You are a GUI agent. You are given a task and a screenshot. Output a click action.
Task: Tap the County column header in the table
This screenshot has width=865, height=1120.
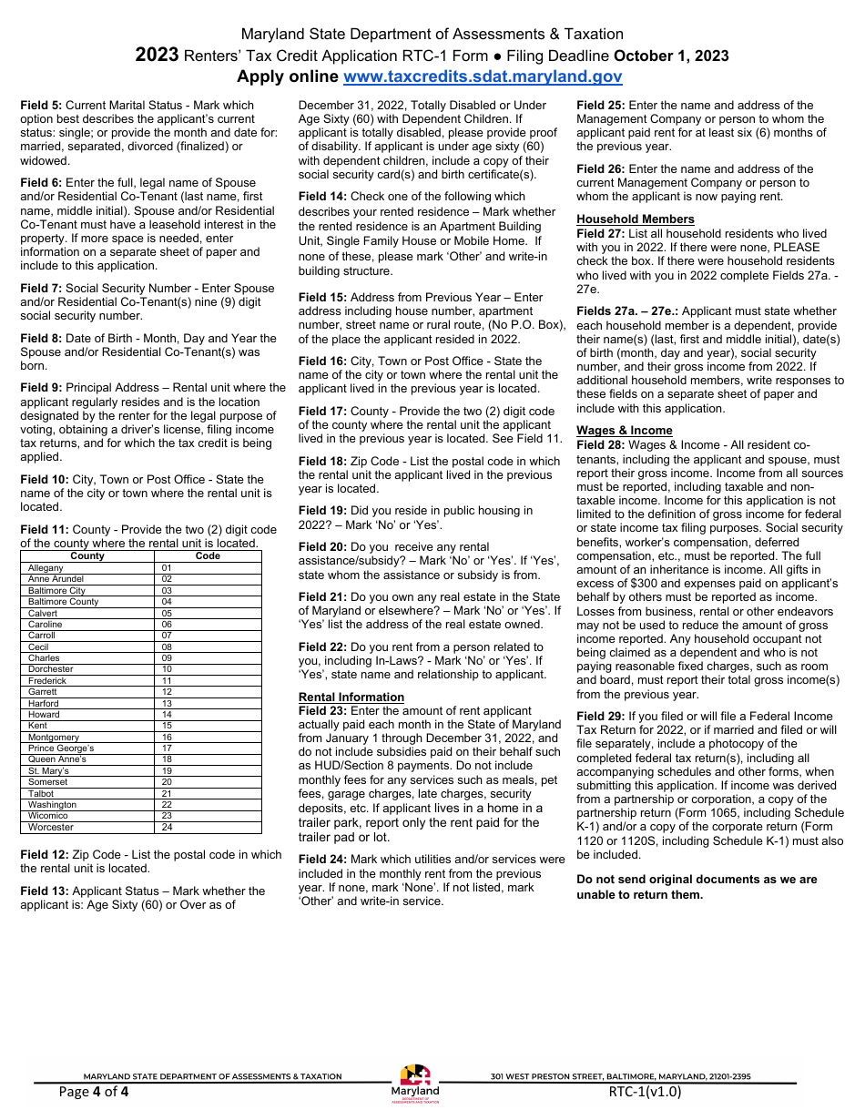(87, 555)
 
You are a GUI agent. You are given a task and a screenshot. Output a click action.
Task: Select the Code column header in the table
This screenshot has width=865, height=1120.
(208, 555)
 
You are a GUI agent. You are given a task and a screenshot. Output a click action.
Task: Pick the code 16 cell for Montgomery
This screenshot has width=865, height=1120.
(167, 737)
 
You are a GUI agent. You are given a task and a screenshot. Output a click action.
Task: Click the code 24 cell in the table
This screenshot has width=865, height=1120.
(167, 828)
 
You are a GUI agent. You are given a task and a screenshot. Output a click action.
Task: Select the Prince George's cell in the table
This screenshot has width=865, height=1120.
(61, 748)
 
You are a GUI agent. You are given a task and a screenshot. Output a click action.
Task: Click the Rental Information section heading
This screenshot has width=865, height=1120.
(351, 697)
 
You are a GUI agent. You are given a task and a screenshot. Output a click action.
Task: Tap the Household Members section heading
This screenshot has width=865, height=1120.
(635, 219)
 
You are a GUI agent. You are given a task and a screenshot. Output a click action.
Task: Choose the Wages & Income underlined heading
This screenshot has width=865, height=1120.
(624, 430)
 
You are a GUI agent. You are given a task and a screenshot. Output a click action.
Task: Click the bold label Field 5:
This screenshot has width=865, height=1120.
(41, 106)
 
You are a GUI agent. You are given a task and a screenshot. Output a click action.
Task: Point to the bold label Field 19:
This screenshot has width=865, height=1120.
(321, 511)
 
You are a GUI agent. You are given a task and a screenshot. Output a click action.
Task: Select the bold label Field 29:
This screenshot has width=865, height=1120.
(598, 716)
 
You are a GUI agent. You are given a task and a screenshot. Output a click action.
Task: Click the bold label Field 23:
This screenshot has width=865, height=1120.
(321, 710)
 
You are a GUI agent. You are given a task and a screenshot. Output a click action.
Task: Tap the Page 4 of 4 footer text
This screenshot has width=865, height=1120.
(94, 1092)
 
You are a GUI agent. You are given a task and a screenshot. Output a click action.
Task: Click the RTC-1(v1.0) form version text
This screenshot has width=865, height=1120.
(645, 1092)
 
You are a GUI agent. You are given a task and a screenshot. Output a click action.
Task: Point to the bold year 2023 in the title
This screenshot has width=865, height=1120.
(157, 56)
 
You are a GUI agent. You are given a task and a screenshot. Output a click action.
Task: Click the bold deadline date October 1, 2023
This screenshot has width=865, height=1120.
(671, 56)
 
